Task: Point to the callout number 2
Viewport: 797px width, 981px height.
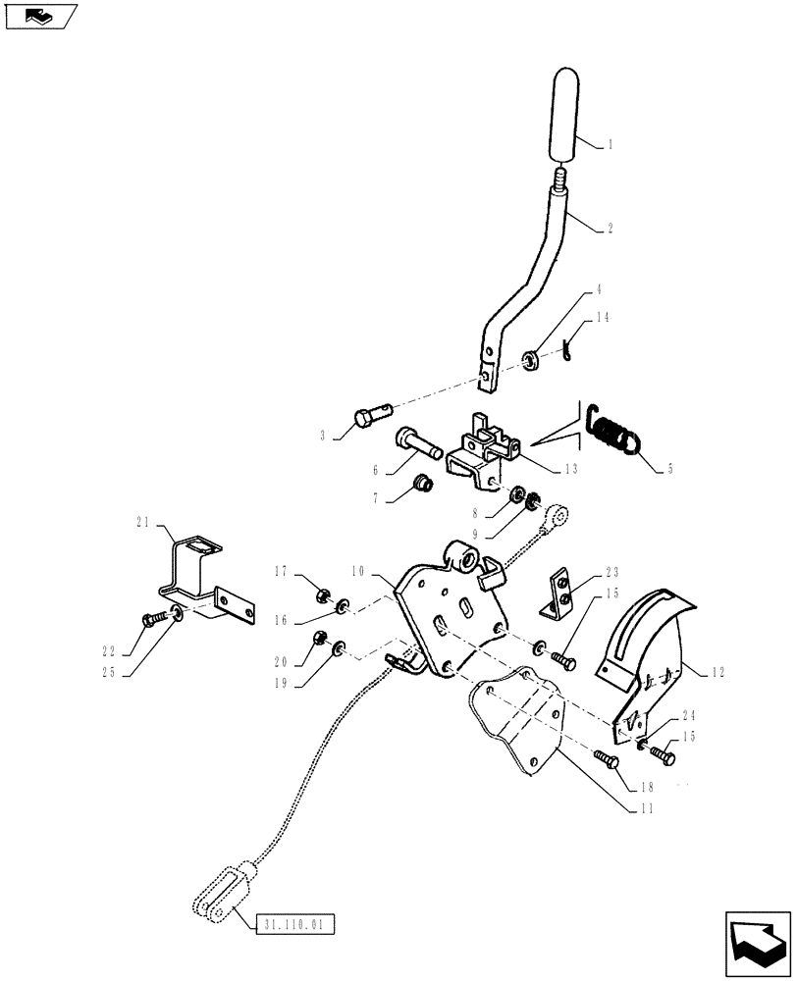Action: coord(610,228)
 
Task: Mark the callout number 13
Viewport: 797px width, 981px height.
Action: coord(569,469)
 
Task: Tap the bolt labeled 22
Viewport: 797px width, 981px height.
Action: coord(158,618)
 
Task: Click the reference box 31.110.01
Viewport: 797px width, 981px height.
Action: coord(296,924)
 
